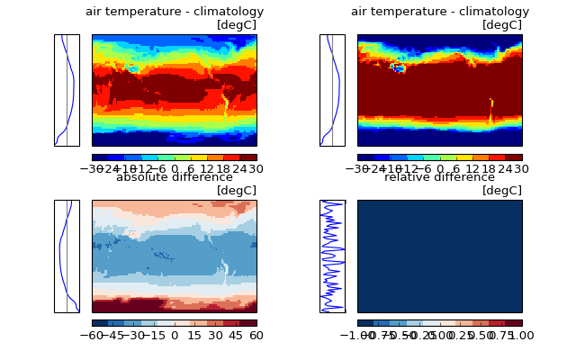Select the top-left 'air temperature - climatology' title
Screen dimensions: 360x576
click(x=175, y=12)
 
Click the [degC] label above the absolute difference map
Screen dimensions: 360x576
click(x=237, y=190)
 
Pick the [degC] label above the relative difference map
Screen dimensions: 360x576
click(x=502, y=190)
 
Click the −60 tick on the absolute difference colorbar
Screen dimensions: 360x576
click(x=92, y=336)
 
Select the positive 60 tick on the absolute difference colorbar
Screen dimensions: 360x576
click(x=256, y=336)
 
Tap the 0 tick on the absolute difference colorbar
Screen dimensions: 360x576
click(x=175, y=336)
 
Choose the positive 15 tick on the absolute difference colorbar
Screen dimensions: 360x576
click(x=195, y=336)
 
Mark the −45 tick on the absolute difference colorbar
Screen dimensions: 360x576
click(x=112, y=336)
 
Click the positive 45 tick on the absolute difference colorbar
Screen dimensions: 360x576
click(x=236, y=336)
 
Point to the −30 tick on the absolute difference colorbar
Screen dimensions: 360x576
click(x=133, y=336)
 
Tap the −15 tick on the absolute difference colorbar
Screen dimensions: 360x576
click(x=154, y=336)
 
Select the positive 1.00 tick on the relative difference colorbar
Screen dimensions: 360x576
click(x=521, y=336)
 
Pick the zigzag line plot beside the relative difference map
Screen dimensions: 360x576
click(x=332, y=256)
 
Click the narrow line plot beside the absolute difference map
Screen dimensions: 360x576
click(x=67, y=256)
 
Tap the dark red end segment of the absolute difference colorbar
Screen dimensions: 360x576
click(x=249, y=322)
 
